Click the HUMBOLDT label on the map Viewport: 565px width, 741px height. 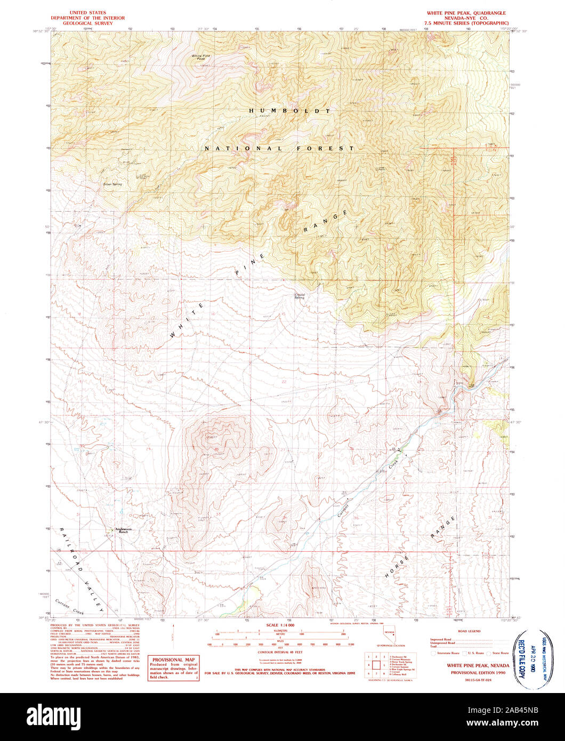(290, 111)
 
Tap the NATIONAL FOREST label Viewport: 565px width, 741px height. (279, 148)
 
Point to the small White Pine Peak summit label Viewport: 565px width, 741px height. (201, 57)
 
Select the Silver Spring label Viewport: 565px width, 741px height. (112, 184)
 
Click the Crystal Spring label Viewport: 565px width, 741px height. (301, 296)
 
